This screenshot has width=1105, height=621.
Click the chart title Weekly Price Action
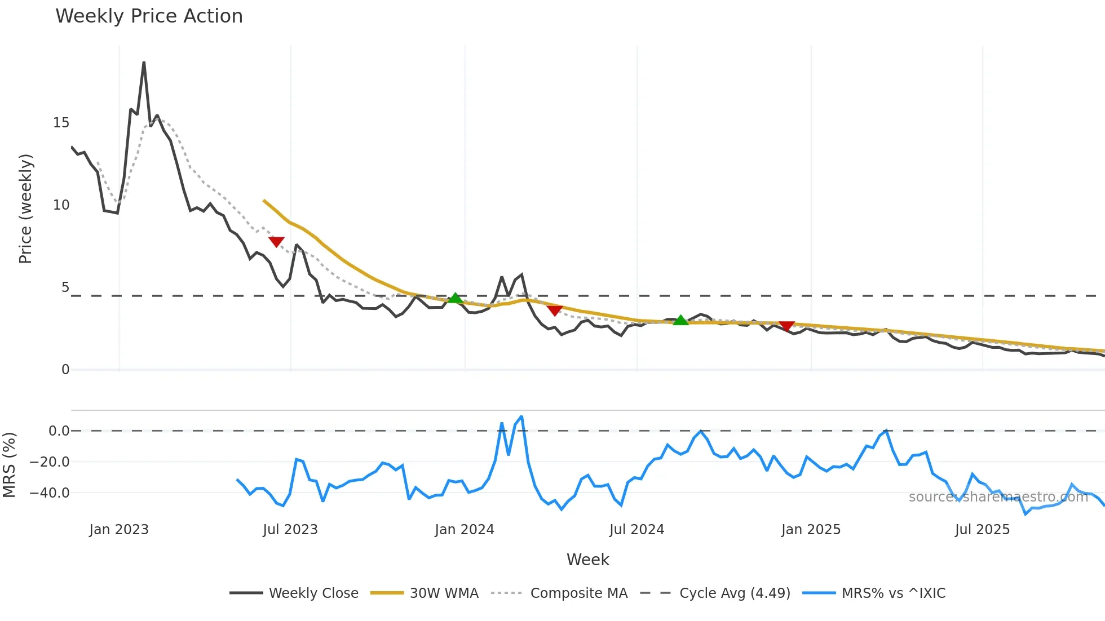149,16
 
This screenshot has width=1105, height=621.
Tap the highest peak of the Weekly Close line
144,63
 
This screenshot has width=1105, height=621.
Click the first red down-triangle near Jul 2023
276,242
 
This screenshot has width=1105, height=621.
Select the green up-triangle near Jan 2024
455,298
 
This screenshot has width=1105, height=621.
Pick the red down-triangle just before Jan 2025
786,326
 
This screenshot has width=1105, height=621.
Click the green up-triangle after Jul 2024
680,320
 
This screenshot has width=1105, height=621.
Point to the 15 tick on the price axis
61,123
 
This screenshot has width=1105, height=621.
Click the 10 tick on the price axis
61,205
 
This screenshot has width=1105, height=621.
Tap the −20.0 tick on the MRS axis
50,462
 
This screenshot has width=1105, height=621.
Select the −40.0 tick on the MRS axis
50,493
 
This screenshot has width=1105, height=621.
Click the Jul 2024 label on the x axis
637,530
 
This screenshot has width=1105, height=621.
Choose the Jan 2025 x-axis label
811,530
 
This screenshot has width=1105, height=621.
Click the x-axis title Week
587,560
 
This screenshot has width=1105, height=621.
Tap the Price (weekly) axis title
25,209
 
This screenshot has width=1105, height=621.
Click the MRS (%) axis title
10,465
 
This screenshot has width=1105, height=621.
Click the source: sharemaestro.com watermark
998,497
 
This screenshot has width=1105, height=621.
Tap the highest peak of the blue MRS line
521,416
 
